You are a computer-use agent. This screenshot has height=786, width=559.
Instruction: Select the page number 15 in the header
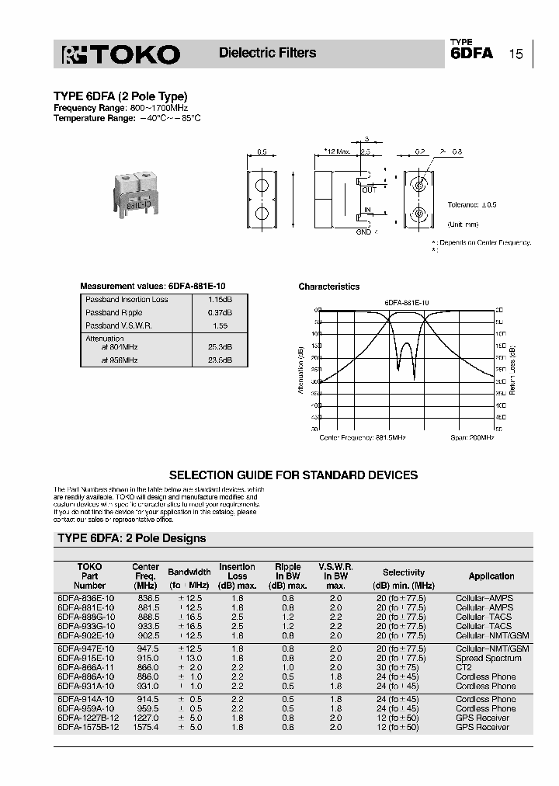[x=516, y=54]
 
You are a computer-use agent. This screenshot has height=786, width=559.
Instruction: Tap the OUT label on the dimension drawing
[x=369, y=190]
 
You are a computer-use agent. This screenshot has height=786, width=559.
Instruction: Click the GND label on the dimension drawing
[x=364, y=231]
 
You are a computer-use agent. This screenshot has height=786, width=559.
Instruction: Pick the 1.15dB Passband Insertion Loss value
[x=220, y=300]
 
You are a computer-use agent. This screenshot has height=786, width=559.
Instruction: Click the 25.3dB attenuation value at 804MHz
[x=220, y=347]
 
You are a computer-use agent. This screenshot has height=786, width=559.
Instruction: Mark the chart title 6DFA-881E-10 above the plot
[x=407, y=301]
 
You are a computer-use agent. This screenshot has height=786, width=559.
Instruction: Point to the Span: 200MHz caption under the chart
[x=471, y=438]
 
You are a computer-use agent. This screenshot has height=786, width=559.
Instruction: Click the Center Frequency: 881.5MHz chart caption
[x=363, y=438]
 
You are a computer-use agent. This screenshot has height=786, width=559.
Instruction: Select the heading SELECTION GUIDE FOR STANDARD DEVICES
[x=293, y=475]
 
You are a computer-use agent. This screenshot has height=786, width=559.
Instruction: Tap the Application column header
[x=491, y=576]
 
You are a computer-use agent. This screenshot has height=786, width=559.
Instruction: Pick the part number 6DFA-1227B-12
[x=87, y=718]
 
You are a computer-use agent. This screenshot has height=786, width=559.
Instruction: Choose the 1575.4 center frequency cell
[x=146, y=727]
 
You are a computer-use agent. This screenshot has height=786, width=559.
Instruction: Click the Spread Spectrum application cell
[x=488, y=658]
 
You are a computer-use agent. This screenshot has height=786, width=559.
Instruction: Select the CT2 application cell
[x=464, y=667]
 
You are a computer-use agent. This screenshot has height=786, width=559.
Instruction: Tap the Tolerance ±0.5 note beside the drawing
[x=472, y=204]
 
